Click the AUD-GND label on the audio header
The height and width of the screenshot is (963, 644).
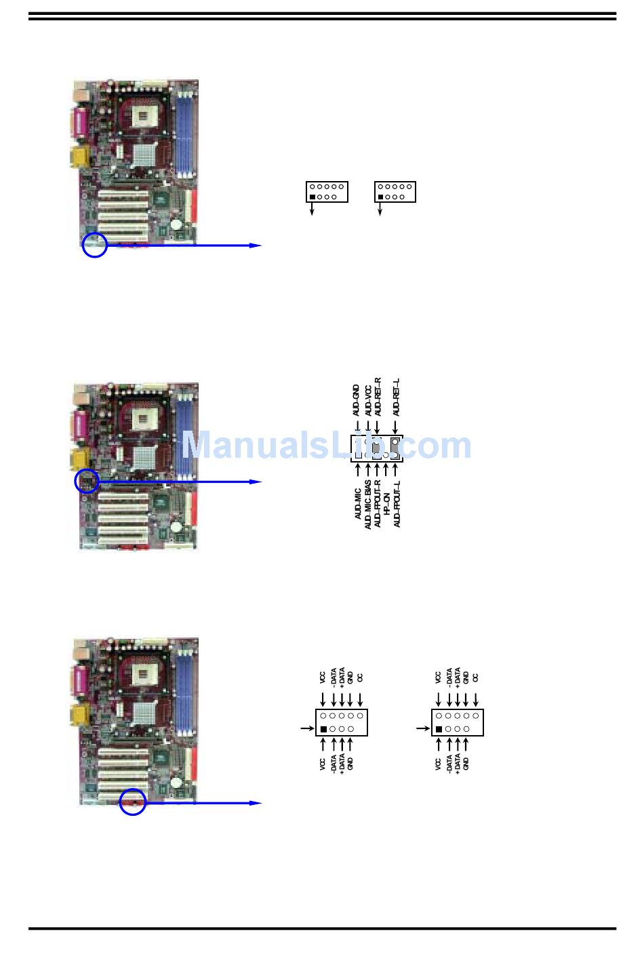coord(356,400)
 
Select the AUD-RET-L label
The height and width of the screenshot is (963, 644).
coord(397,397)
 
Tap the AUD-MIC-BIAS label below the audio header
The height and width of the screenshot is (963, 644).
coord(368,504)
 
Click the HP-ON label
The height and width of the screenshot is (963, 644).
coord(386,499)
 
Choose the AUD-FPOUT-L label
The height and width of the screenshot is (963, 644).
coord(397,504)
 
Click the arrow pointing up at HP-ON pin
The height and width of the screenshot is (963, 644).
coord(386,469)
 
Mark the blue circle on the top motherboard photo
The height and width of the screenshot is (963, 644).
coord(95,245)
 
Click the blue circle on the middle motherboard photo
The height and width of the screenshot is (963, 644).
coord(87,481)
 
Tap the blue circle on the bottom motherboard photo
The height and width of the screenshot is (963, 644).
coord(133,802)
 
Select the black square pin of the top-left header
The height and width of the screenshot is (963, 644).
coord(312,197)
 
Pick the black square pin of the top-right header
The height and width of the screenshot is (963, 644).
coord(380,197)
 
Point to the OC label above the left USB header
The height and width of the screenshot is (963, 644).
coord(360,677)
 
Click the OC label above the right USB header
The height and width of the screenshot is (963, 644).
coord(475,677)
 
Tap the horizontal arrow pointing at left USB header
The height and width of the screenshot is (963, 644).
coord(307,729)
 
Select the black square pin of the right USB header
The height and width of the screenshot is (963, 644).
coord(439,729)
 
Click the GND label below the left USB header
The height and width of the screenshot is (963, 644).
coord(350,763)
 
